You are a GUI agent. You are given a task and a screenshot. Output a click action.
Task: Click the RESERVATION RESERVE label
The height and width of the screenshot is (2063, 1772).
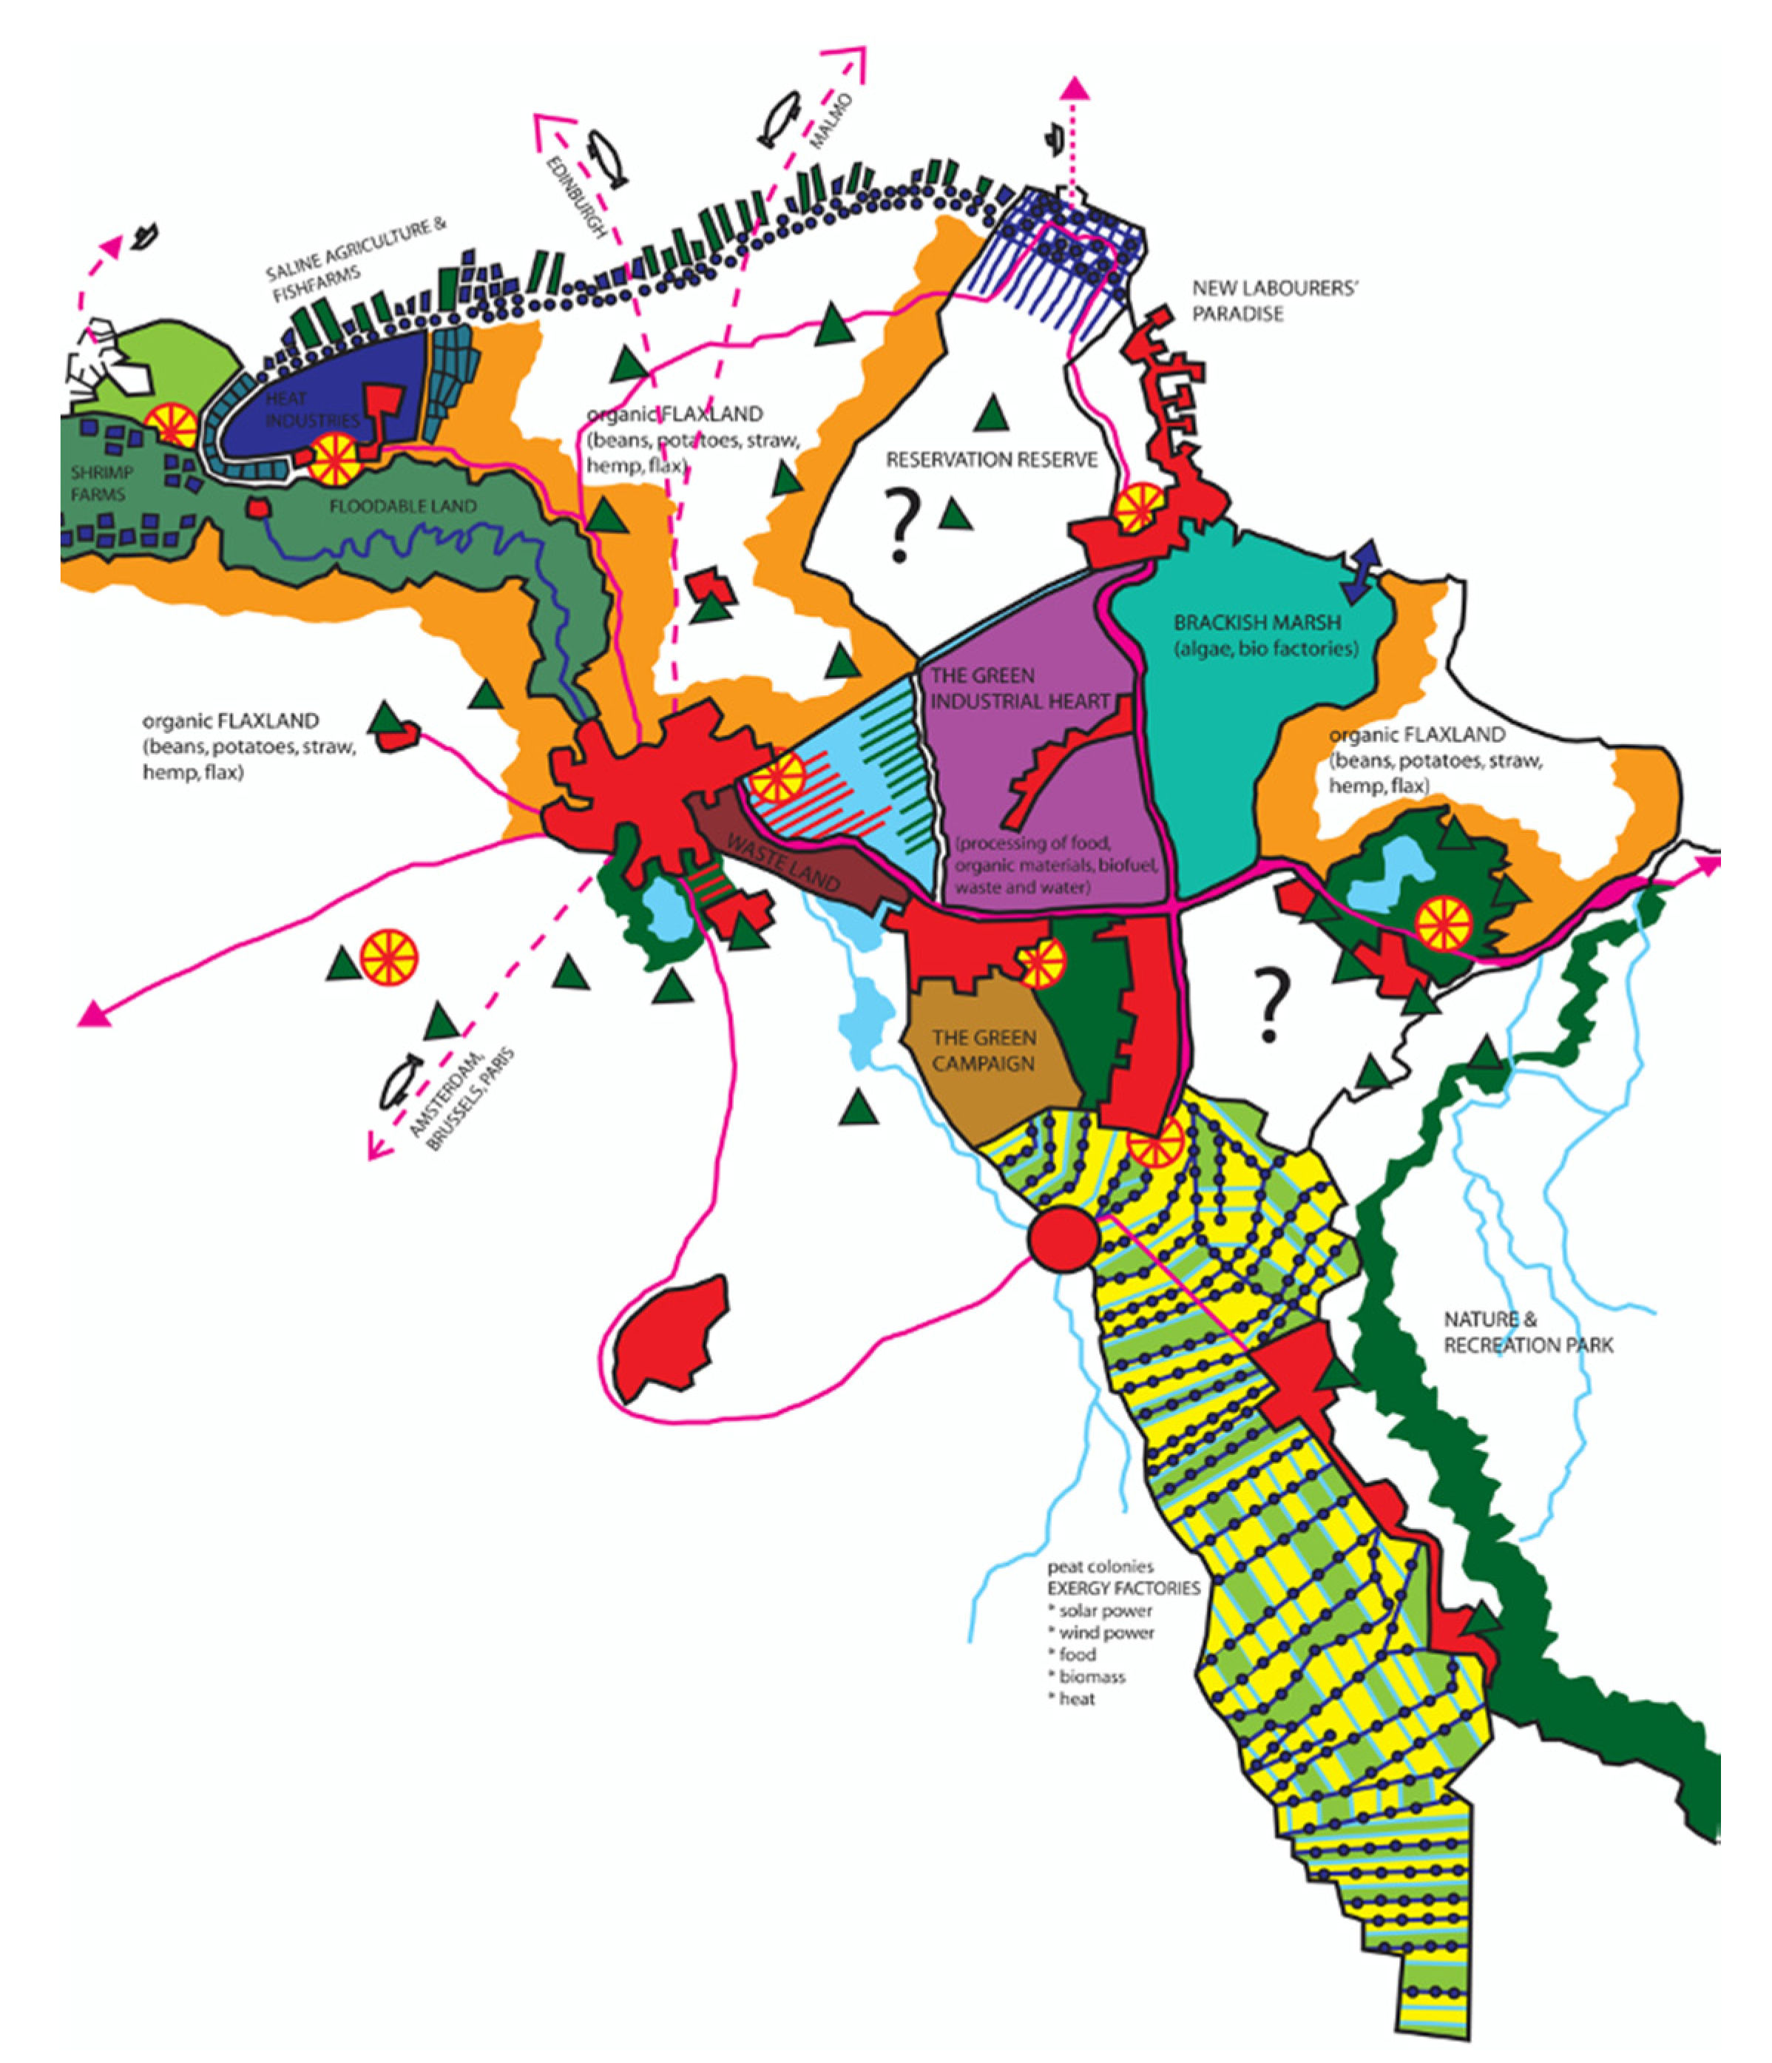992,460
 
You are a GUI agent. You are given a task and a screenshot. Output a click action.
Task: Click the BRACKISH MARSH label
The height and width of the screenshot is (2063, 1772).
1257,624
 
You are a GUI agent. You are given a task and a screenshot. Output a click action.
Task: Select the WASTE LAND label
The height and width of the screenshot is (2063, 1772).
783,862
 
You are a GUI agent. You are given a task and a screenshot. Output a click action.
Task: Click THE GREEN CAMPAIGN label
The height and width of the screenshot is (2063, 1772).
984,1050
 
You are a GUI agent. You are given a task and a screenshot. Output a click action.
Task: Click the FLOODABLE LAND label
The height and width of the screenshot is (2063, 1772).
403,507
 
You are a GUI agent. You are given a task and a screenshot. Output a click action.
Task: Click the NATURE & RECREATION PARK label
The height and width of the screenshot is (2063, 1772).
1528,1332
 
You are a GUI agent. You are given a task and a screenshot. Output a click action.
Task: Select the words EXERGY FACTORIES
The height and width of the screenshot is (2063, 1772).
1123,1588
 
